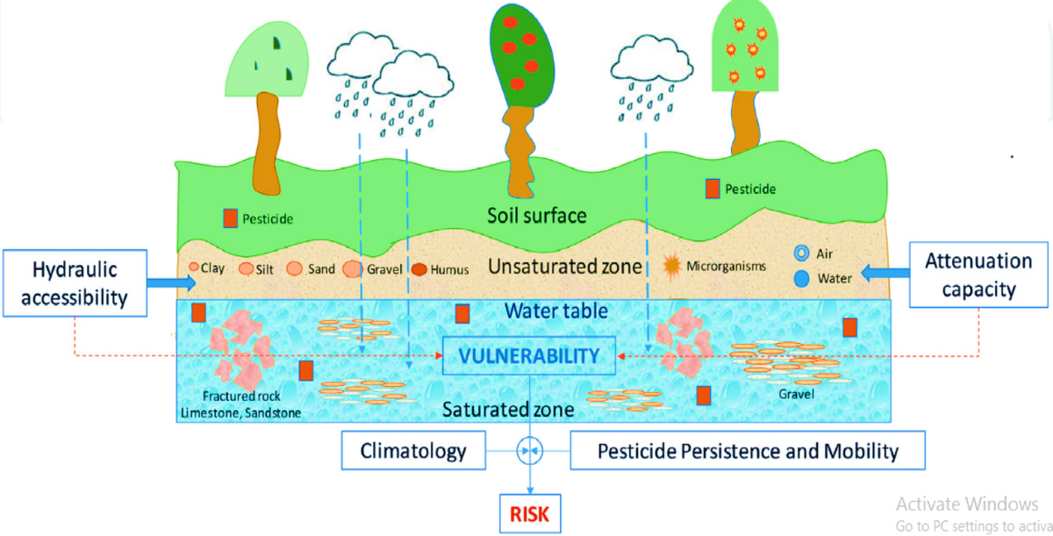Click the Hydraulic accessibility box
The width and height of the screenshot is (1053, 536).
pos(75,282)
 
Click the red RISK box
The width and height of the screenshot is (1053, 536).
pos(530,514)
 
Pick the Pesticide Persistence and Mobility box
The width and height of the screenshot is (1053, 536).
pos(748,452)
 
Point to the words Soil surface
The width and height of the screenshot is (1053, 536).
pos(538,215)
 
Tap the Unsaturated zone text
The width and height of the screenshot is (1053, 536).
pos(564,266)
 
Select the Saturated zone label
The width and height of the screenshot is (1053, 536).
pos(508,410)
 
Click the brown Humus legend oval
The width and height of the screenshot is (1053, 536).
pos(419,270)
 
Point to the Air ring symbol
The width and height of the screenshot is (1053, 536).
pos(800,254)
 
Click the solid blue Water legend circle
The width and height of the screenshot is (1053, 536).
pos(800,279)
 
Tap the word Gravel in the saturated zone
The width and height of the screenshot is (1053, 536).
pos(798,394)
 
